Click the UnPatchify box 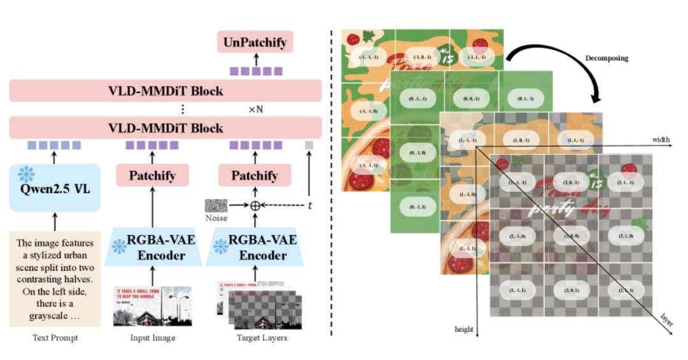[255, 43]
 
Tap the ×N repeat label [255, 110]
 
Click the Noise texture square [215, 206]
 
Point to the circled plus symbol [255, 206]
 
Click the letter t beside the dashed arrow [310, 206]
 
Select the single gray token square [309, 145]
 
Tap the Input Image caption [152, 338]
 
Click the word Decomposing [606, 58]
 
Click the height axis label [464, 329]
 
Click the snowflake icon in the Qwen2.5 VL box [25, 174]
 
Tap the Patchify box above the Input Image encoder [152, 175]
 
